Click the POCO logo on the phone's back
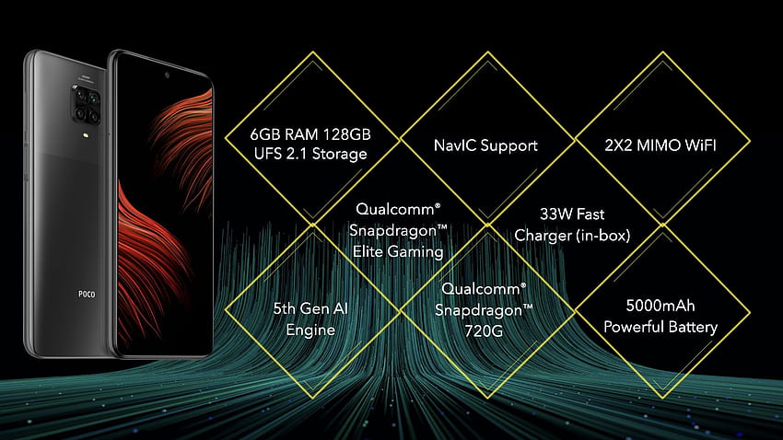tap(87, 295)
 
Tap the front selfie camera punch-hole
tap(167, 75)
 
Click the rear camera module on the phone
tap(88, 104)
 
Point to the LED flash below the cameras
tap(88, 134)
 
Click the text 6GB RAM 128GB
tap(310, 134)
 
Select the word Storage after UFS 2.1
tap(340, 154)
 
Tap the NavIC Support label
tap(485, 145)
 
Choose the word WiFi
tap(701, 145)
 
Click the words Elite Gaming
tap(398, 251)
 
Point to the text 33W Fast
tap(572, 214)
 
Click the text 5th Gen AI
tap(310, 308)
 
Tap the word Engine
tap(310, 330)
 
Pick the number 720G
tap(484, 330)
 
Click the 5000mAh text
tap(660, 306)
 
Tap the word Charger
tap(543, 235)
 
